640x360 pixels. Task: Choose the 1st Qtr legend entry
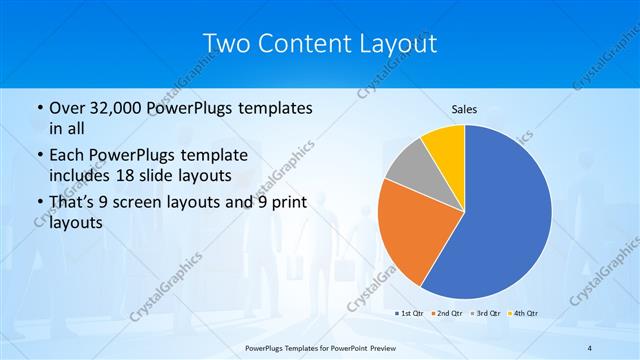click(410, 313)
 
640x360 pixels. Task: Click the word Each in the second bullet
click(69, 155)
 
